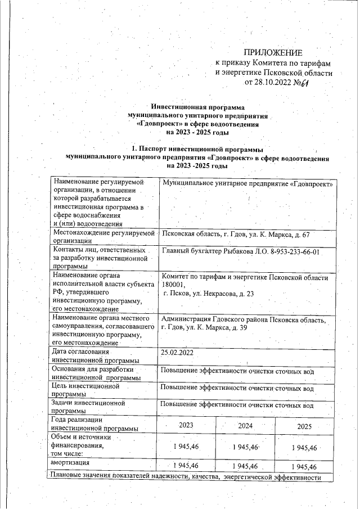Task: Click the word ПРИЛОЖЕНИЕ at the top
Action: click(273, 52)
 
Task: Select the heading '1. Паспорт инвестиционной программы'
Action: click(197, 150)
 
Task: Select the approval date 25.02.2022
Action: click(177, 352)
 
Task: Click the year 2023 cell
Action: click(186, 426)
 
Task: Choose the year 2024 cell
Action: click(245, 426)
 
